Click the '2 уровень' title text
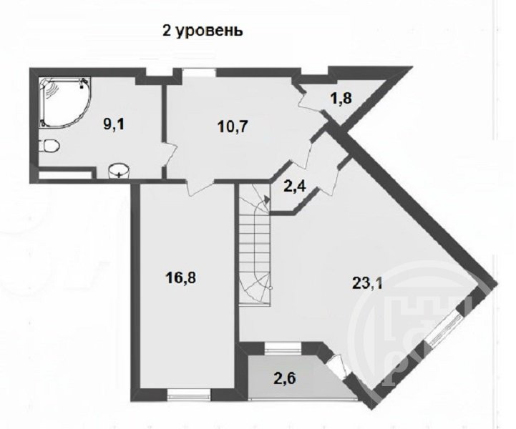[x=203, y=31]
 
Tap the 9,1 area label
[x=114, y=125]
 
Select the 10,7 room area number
[x=233, y=127]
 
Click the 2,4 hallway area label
[x=295, y=187]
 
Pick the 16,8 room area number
[x=180, y=278]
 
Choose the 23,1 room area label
[x=367, y=283]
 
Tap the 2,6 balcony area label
[x=285, y=378]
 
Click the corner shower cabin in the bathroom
[x=64, y=102]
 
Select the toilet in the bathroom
[x=49, y=146]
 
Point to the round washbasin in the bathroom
[x=119, y=171]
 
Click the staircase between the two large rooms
[x=254, y=245]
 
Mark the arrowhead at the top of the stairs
[x=267, y=199]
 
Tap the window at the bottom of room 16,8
[x=189, y=394]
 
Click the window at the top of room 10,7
[x=199, y=72]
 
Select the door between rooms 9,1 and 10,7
[x=170, y=155]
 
